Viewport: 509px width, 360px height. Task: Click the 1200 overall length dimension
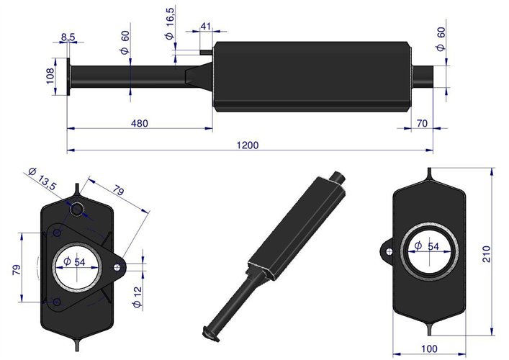(247, 145)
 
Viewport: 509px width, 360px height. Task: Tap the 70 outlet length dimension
(422, 123)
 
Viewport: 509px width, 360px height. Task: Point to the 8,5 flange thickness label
(68, 36)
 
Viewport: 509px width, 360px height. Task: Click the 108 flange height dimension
(50, 76)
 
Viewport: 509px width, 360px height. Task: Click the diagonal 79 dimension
(119, 191)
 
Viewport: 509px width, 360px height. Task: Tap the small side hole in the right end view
(387, 251)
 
